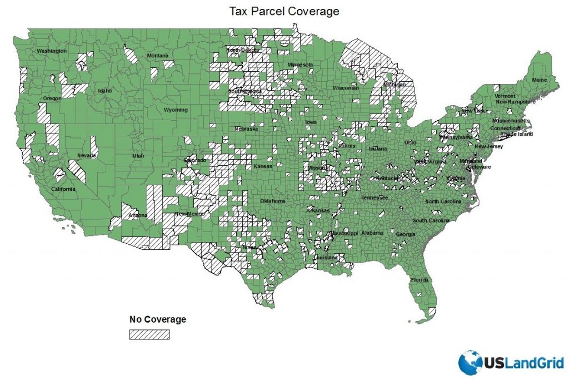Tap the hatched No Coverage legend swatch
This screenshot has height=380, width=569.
tap(149, 334)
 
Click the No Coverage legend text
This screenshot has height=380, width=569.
tap(158, 319)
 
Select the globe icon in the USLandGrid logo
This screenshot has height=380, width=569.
tap(471, 362)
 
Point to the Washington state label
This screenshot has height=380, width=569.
tap(52, 51)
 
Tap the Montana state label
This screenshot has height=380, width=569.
tap(157, 56)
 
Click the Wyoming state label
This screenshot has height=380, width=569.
tap(176, 110)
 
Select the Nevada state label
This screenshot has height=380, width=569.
tap(86, 155)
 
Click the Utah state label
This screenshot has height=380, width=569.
tap(138, 156)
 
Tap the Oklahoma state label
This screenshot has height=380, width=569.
tap(273, 201)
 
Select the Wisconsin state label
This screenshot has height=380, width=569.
tap(346, 88)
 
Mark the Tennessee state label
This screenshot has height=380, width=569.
tap(375, 198)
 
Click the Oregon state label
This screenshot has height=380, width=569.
tap(52, 99)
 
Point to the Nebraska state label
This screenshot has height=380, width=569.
tap(246, 129)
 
